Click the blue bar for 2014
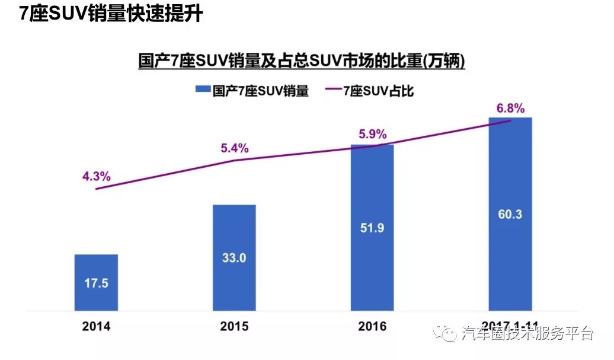(x=96, y=282)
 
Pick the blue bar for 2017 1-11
(x=510, y=214)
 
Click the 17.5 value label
(x=96, y=283)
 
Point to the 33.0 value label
(x=234, y=258)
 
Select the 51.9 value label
(x=372, y=228)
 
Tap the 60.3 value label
(x=510, y=214)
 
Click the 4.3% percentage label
(x=96, y=176)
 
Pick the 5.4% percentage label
(x=234, y=148)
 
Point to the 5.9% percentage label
(x=372, y=133)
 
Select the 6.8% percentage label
(x=510, y=109)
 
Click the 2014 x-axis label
(x=96, y=327)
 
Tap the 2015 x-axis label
(x=234, y=327)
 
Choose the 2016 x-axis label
(x=372, y=327)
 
